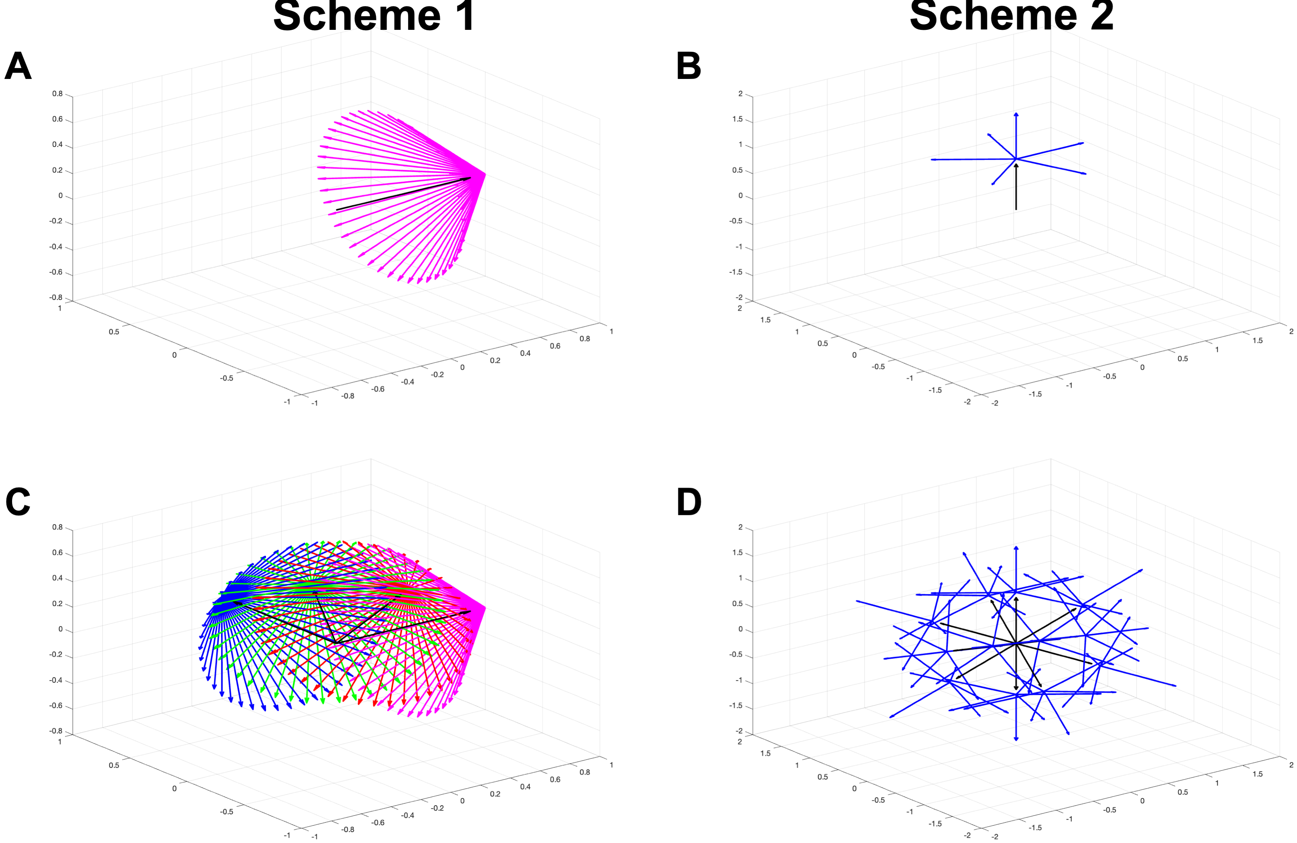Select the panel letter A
tap(18, 67)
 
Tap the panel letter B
tap(688, 67)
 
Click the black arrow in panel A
tap(403, 193)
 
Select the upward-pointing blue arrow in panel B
tap(1016, 136)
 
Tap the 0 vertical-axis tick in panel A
tap(60, 196)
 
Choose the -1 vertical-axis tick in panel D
tap(738, 681)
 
